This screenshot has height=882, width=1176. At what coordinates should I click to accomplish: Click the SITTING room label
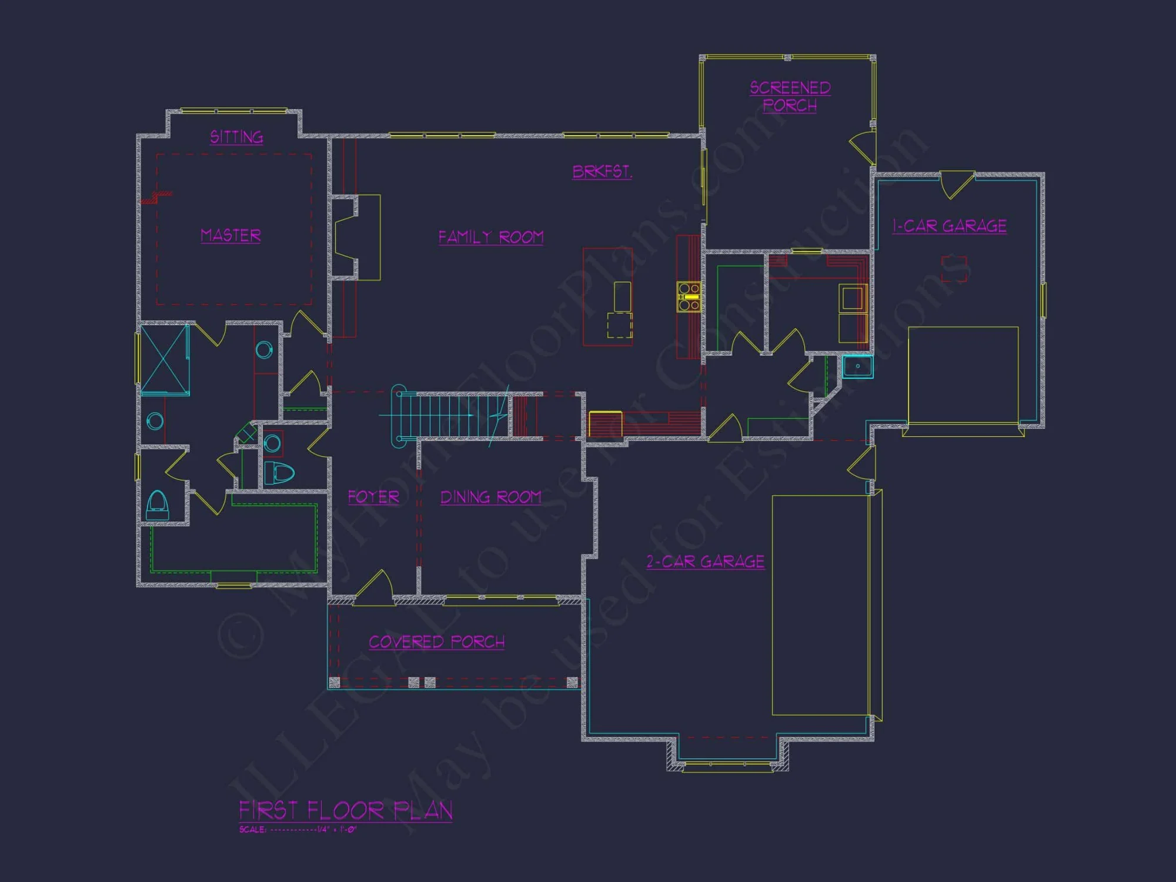[x=236, y=137]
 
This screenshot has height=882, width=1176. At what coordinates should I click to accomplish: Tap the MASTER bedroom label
[x=230, y=235]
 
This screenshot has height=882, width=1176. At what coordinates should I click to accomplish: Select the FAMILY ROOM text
[x=491, y=237]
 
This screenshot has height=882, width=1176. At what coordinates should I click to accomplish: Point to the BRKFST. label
[x=602, y=172]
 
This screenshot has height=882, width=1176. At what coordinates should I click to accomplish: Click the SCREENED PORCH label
[x=790, y=96]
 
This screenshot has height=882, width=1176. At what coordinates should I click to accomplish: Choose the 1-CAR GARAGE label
[x=949, y=226]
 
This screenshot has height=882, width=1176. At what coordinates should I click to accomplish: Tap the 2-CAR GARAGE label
[x=705, y=562]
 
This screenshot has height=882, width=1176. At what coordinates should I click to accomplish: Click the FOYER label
[x=373, y=497]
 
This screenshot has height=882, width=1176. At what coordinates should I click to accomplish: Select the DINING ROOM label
[x=491, y=497]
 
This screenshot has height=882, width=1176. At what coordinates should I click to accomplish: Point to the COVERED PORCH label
[x=436, y=642]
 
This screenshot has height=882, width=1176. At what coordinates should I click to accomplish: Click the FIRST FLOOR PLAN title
[x=346, y=810]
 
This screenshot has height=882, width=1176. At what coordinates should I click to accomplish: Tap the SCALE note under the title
[x=298, y=830]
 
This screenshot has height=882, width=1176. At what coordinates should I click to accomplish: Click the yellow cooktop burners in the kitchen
[x=689, y=297]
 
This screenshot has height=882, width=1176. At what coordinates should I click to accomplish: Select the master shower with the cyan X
[x=165, y=359]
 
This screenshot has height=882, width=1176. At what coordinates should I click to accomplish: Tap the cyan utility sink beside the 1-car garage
[x=857, y=366]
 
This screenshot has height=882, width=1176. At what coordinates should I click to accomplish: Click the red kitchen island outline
[x=607, y=297]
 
